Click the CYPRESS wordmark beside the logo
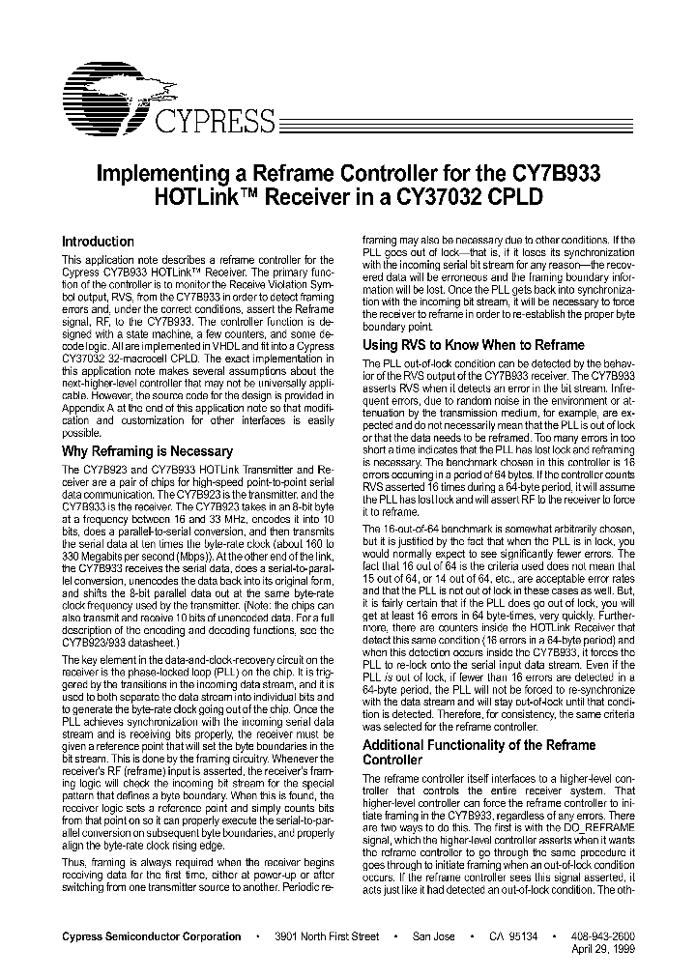tap(215, 121)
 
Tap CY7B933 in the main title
tap(552, 174)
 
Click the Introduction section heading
tap(98, 242)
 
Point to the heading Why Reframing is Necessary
tap(147, 451)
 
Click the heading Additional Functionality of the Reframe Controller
tap(478, 753)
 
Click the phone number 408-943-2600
tap(603, 936)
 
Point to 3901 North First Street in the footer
tap(326, 936)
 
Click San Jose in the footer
tap(432, 936)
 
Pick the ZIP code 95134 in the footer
tap(528, 936)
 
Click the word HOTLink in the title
tap(191, 196)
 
